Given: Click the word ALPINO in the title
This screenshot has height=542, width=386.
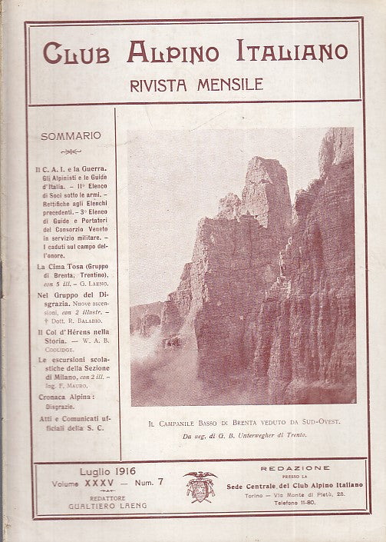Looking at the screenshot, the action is click(166, 54).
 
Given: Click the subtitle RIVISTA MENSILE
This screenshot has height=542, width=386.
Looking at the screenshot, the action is click(193, 84).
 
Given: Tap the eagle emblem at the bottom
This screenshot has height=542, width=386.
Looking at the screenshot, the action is click(200, 486).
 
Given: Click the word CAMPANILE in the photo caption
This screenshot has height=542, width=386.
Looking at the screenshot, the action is click(193, 421).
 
